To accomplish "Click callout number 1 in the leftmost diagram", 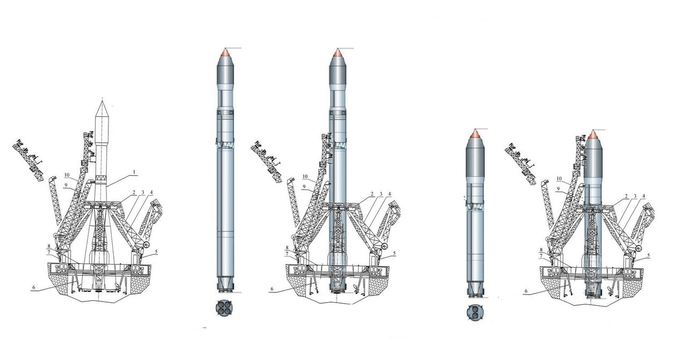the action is coord(134,173).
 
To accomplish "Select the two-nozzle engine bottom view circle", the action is coord(475,313).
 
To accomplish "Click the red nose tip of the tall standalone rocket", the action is coord(225,52).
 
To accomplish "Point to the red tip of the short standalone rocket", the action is coord(475,133).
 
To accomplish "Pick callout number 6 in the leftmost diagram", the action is coord(34,288).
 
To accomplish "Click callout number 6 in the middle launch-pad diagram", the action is coord(272,289).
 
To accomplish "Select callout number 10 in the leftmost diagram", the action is coord(67,175).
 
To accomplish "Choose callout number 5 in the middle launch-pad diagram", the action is coord(394,253).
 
